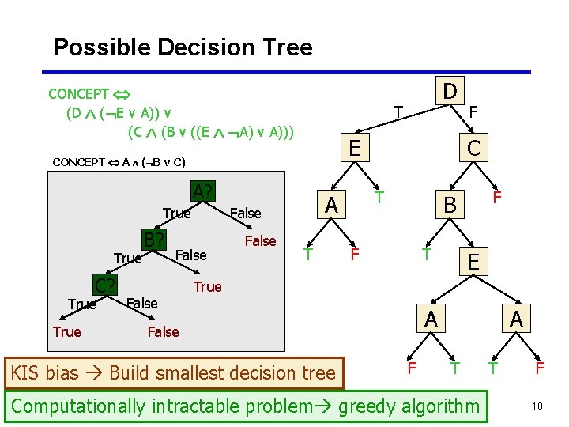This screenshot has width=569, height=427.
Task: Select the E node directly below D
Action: (355, 148)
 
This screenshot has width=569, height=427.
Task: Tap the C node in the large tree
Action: (473, 148)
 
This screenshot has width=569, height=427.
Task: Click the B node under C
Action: (450, 205)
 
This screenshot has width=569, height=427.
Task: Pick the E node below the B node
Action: (472, 262)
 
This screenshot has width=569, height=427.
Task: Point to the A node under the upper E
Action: (331, 205)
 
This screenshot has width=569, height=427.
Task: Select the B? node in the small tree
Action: (154, 239)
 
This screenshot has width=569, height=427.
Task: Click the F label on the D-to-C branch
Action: (473, 112)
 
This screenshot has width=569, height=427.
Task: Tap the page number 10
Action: (537, 406)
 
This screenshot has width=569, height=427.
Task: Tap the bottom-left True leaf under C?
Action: (66, 331)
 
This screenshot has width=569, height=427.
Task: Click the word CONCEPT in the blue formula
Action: (78, 94)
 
